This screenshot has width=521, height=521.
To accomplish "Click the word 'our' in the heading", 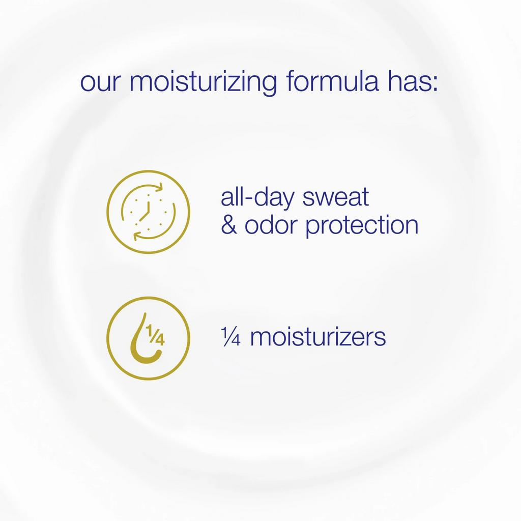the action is tap(101, 82).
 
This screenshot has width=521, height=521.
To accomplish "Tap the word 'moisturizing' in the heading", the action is tap(203, 82).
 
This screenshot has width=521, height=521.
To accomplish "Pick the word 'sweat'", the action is tap(336, 198).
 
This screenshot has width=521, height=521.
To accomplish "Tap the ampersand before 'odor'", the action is tap(229, 224).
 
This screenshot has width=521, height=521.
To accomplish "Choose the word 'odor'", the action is tap(271, 224).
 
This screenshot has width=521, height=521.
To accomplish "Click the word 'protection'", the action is tap(362, 226).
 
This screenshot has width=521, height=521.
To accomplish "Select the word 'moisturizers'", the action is tap(318, 337).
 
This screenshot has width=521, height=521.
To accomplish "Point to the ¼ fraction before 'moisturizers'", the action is tap(230, 337).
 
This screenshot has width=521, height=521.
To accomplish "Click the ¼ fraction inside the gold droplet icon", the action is tap(155, 335).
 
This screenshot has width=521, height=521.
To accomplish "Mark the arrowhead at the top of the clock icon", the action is tap(159, 187).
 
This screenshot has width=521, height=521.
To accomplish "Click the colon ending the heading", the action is tap(435, 83).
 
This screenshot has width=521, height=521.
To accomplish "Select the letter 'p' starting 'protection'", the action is tap(312, 227).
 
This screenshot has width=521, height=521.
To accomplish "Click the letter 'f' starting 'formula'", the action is tap(291, 80).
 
